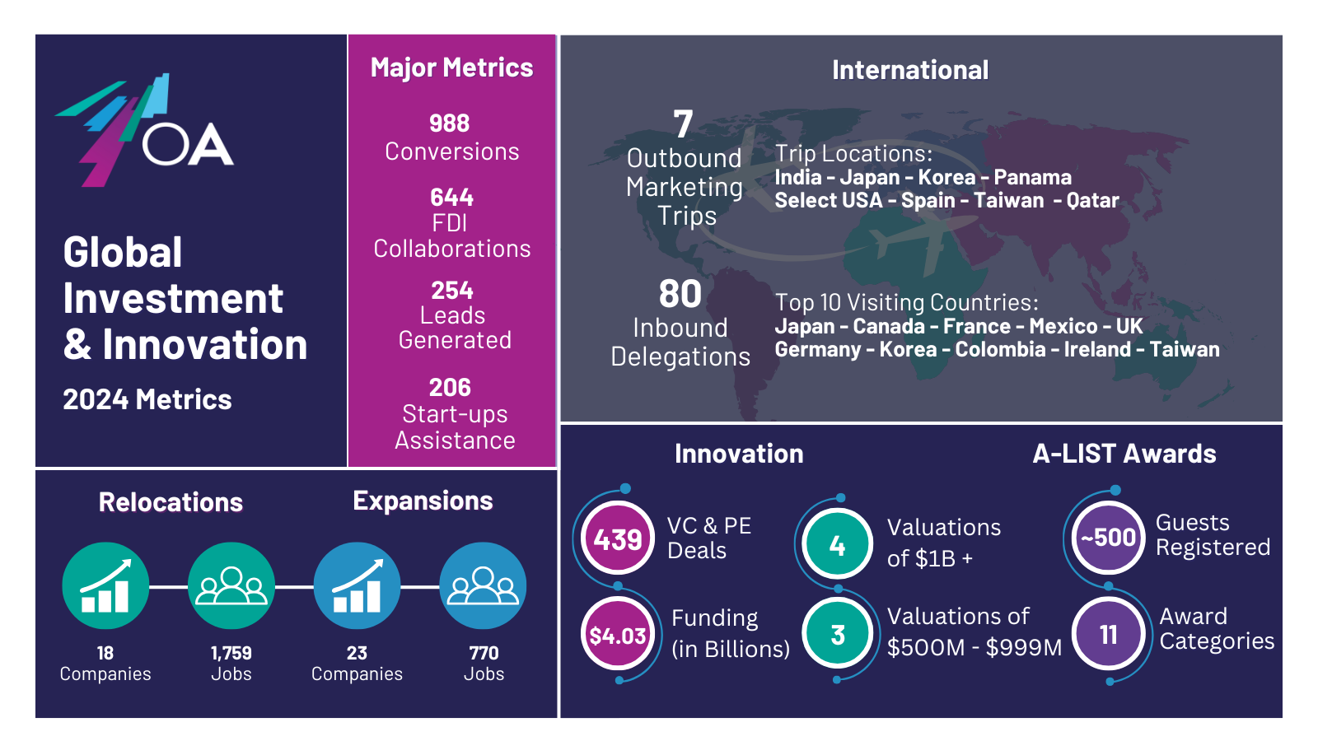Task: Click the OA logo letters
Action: pos(188,144)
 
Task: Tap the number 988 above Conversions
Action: pos(450,123)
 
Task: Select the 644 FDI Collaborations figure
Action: pos(451,197)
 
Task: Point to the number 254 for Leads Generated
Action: pos(452,291)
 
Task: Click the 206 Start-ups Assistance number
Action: pos(450,388)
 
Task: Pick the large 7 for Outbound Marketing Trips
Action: pos(683,124)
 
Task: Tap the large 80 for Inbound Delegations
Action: pos(680,293)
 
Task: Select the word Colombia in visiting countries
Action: pos(1000,349)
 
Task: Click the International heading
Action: pos(910,70)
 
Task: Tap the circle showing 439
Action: pos(617,538)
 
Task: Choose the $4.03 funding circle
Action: pos(618,635)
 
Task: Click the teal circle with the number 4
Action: pos(837,544)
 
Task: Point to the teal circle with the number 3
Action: pos(837,635)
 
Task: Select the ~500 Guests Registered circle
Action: pos(1108,538)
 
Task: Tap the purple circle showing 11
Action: pos(1109,634)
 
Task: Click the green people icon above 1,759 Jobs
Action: pos(231,585)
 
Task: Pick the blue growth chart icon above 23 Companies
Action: pos(358,585)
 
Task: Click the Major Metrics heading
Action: pos(452,68)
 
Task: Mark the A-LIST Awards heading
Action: pos(1124,454)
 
